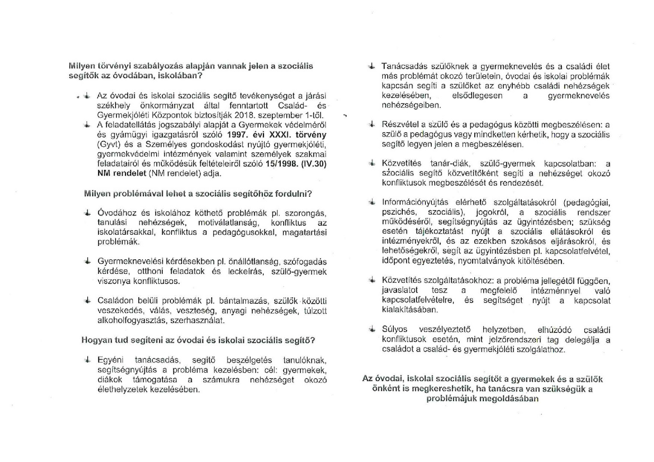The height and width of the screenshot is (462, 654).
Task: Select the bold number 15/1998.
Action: [279, 164]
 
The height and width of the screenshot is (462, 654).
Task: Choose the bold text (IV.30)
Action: [313, 164]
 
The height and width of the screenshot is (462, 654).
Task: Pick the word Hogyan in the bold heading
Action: [95, 341]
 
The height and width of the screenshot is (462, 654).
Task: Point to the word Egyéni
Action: [110, 360]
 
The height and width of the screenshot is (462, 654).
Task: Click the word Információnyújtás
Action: [413, 202]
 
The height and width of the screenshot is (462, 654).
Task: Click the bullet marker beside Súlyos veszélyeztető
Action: [372, 329]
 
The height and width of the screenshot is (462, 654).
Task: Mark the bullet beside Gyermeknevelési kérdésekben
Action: [87, 261]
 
